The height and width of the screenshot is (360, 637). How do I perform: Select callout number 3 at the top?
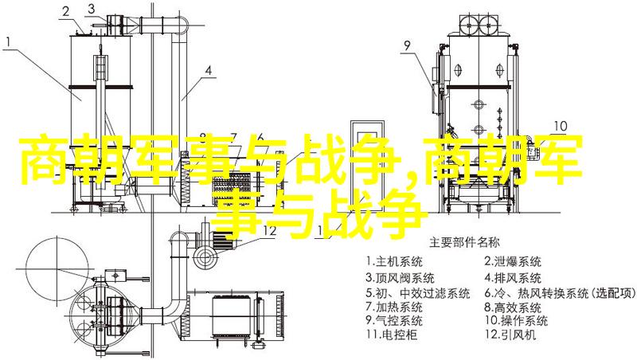pyautogui.click(x=94, y=10)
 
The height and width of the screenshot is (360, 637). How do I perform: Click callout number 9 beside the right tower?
pyautogui.click(x=407, y=47)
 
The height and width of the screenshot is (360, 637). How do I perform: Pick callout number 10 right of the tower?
pyautogui.click(x=561, y=126)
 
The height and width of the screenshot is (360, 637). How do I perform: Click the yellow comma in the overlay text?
pyautogui.click(x=412, y=177)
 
